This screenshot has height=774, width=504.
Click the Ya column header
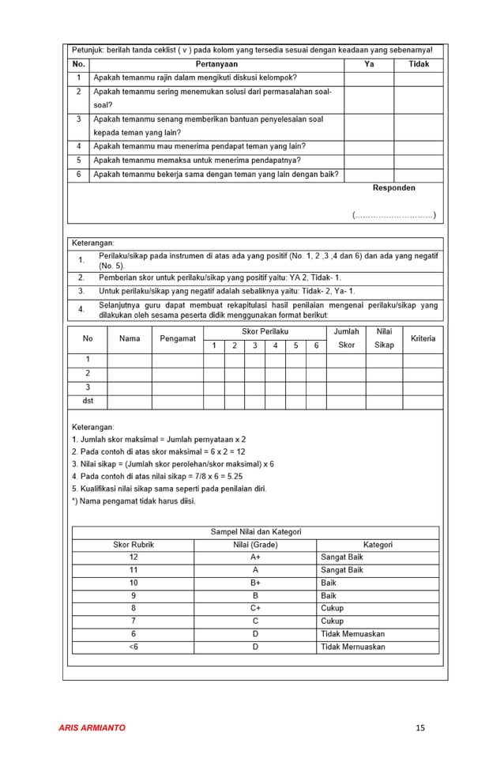pos(369,64)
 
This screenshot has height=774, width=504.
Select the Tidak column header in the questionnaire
pos(419,64)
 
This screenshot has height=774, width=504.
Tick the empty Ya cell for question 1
pos(369,78)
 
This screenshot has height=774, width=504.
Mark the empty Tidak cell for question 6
pos(419,175)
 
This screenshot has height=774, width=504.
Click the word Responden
pos(393,188)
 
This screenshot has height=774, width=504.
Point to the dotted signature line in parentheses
pos(393,215)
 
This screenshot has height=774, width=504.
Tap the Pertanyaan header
pos(216,64)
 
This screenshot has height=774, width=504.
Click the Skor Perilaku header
pos(265,332)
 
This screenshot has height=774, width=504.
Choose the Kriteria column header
pos(423,338)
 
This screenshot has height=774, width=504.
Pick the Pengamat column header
pos(178,338)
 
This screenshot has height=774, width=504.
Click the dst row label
pos(88,401)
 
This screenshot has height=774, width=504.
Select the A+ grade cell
pos(255,557)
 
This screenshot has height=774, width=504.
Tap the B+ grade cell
pos(255,583)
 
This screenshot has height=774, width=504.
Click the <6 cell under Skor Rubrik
pos(133,647)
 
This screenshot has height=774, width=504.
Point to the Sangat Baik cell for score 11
pos(342,570)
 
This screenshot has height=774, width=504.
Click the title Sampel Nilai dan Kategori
pos(255,532)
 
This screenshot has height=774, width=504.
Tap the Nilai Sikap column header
pos(384,338)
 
